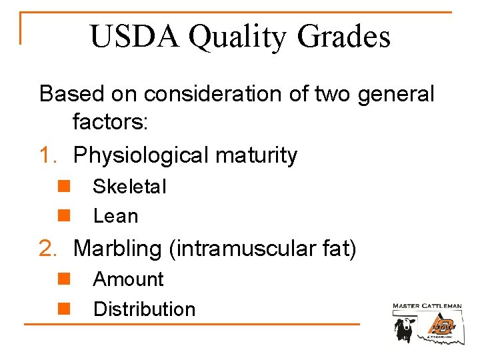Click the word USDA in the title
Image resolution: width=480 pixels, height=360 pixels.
pos(135,37)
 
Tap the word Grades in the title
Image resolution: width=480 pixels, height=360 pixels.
pos(344,37)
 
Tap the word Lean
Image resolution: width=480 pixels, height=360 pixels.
pos(115,216)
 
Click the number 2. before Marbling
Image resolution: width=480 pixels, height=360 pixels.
pos(51,248)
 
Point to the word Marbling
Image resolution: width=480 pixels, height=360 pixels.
pos(117,249)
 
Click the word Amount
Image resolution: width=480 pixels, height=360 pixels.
pos(128,279)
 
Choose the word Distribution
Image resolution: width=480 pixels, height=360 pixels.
pos(144,309)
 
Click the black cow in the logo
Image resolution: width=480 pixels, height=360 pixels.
pos(405,327)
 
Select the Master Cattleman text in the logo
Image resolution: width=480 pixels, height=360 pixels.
pos(427,306)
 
